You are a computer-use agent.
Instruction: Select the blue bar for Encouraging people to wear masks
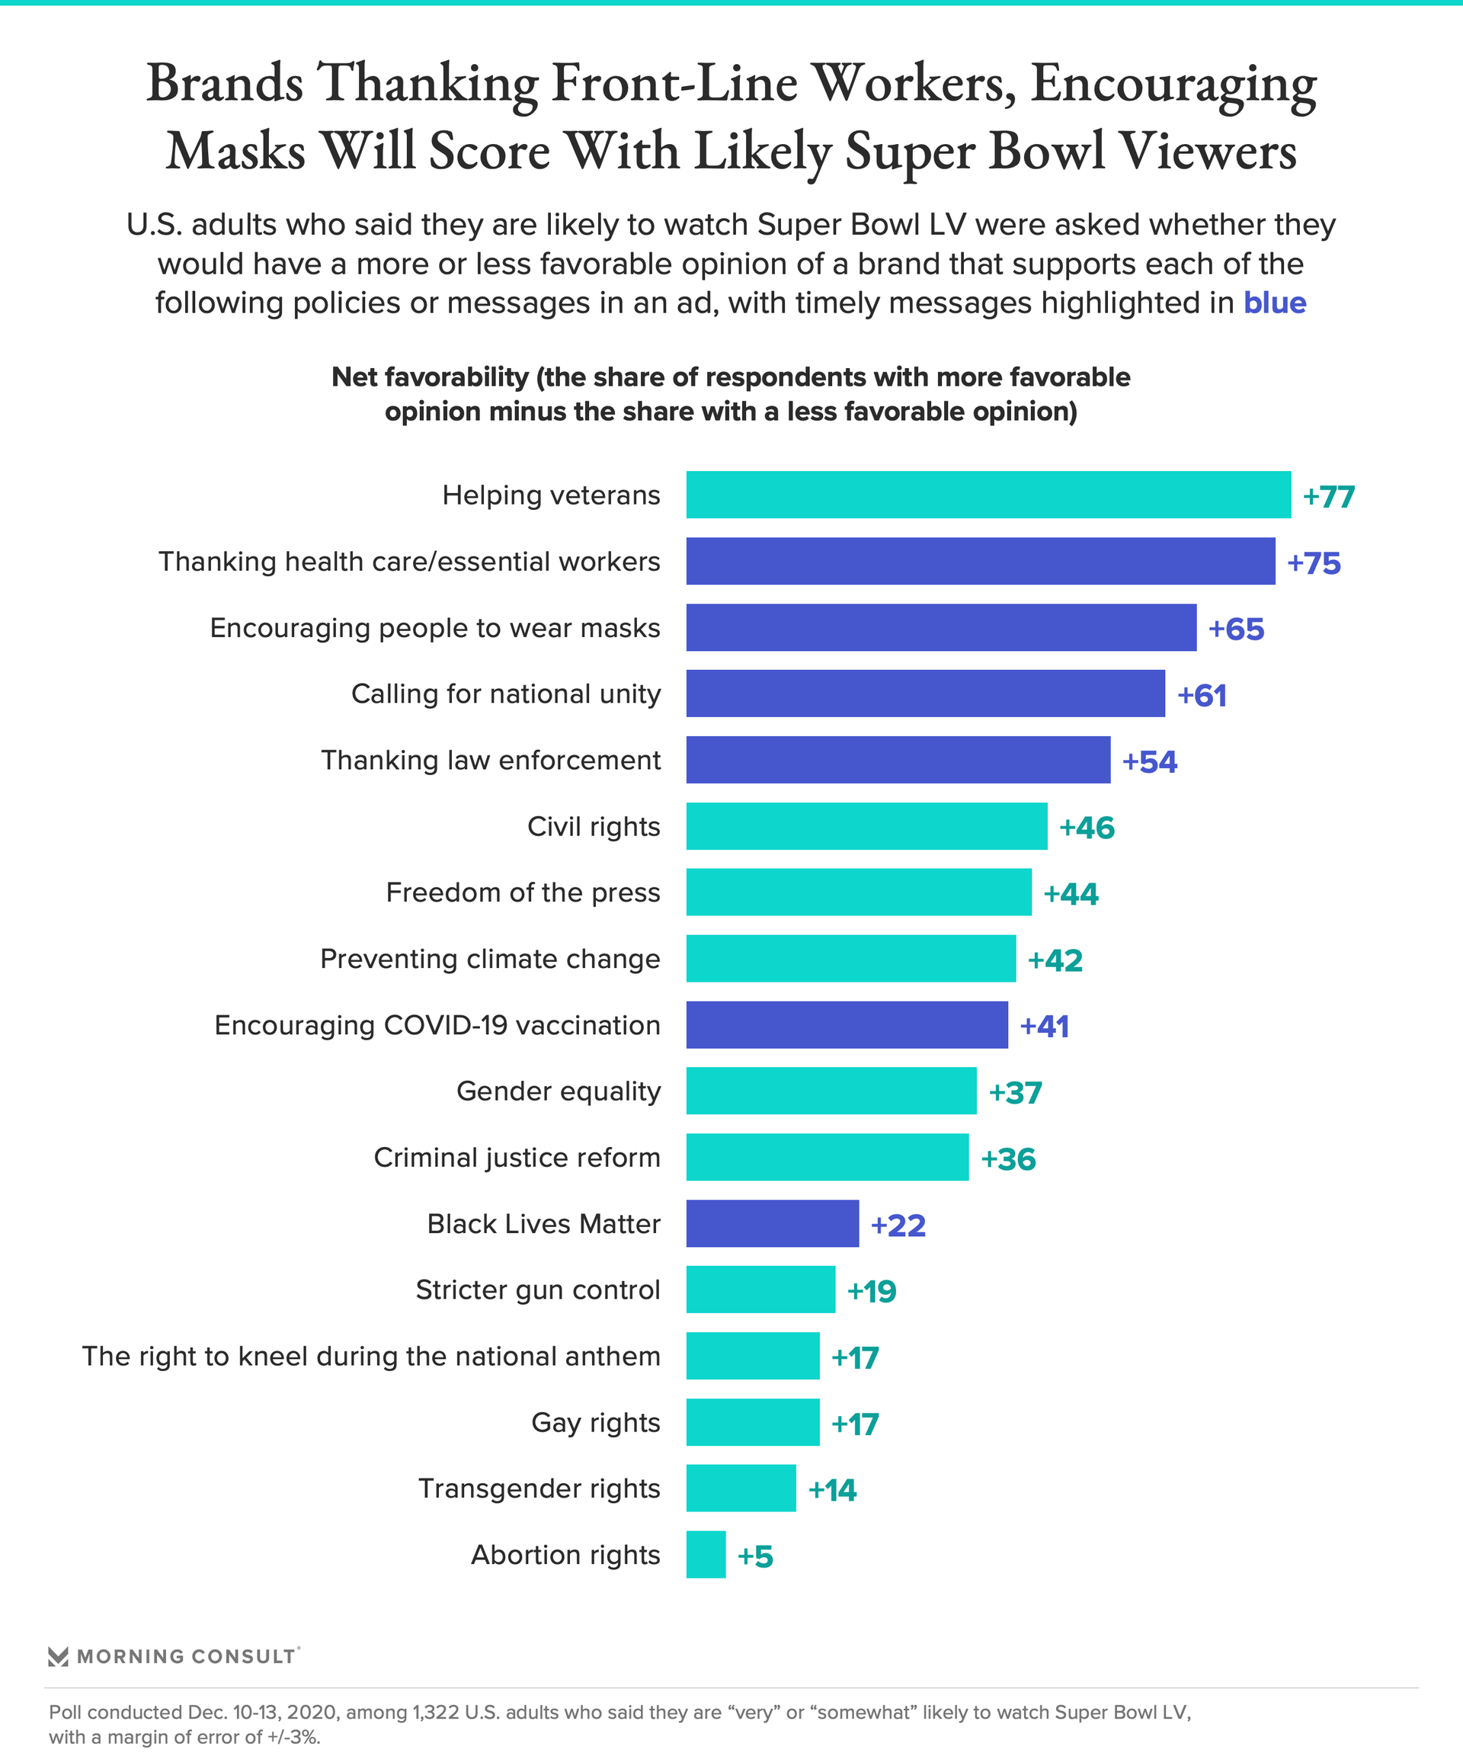940,627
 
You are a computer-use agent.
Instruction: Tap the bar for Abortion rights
706,1555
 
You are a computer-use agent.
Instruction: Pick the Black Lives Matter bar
772,1223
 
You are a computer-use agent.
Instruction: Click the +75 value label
1314,562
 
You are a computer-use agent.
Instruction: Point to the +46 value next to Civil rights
1086,827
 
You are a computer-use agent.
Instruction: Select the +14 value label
832,1489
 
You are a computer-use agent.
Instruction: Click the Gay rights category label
595,1422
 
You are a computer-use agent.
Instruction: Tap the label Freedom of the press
523,892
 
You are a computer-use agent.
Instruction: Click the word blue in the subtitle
1274,303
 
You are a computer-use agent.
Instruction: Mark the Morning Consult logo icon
58,1656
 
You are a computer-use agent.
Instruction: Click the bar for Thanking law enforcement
898,759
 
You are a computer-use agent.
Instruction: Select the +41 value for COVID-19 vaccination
1043,1026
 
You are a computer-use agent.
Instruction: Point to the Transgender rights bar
741,1488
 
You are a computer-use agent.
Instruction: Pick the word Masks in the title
235,152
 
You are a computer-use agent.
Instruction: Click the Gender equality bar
831,1091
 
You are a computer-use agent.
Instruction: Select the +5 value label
754,1556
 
